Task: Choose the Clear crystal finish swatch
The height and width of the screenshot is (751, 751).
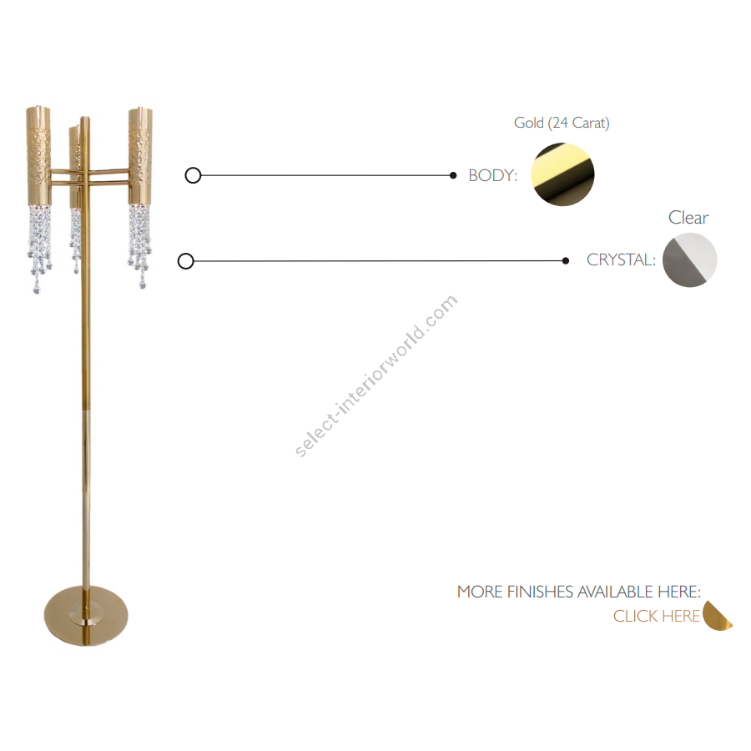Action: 690,260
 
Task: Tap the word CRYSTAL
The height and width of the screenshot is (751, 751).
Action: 620,260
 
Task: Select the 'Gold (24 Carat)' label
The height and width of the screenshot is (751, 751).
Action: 562,123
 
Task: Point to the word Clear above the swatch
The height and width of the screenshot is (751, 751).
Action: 688,218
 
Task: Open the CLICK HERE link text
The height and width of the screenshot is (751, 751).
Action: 657,617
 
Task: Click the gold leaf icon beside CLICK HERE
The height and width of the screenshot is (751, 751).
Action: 717,617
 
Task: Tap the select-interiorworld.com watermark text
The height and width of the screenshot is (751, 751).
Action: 376,376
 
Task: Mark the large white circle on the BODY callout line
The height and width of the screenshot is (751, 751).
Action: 193,175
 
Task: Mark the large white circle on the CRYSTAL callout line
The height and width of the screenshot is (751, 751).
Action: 186,261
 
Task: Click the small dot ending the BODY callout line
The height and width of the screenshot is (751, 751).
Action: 453,175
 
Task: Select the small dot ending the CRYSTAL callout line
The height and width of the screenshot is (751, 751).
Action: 566,261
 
